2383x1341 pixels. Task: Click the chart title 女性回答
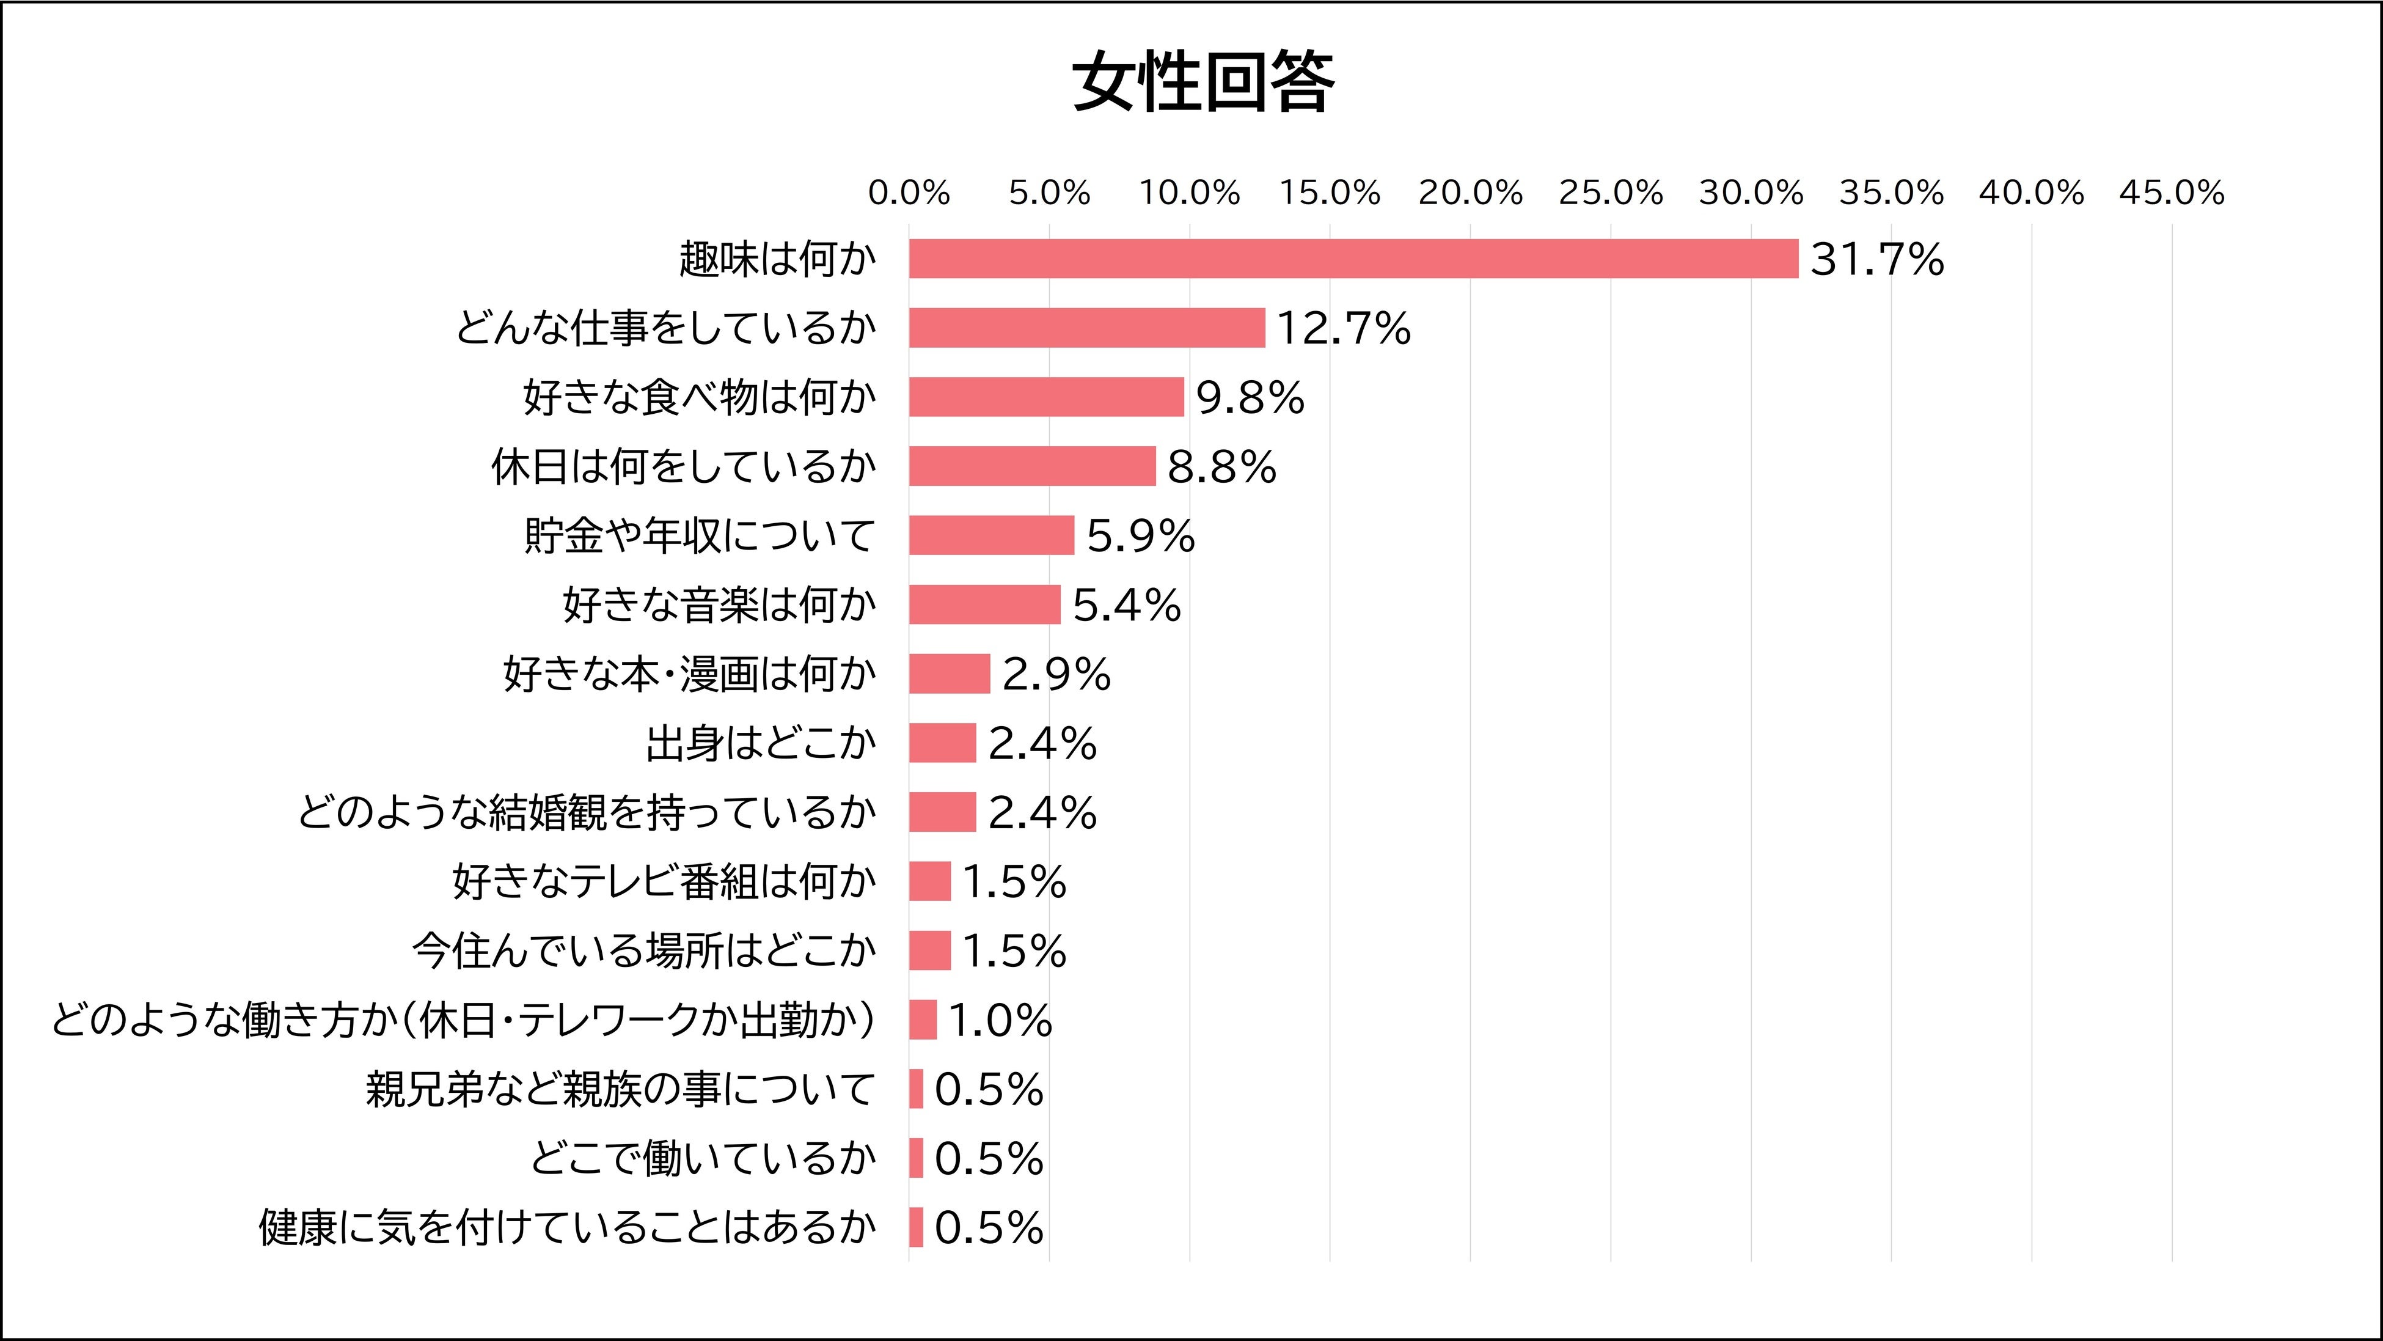[x=1204, y=83]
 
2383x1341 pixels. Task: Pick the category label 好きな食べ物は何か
[x=700, y=397]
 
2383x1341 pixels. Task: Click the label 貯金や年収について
[x=700, y=535]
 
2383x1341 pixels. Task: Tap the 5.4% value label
[x=1126, y=605]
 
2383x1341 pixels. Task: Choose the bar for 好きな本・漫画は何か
[x=949, y=674]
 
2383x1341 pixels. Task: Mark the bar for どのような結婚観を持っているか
[x=942, y=812]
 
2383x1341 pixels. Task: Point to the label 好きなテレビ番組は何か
[x=664, y=881]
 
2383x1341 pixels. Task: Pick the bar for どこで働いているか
[x=916, y=1158]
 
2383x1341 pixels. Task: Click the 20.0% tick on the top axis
[x=1470, y=193]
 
